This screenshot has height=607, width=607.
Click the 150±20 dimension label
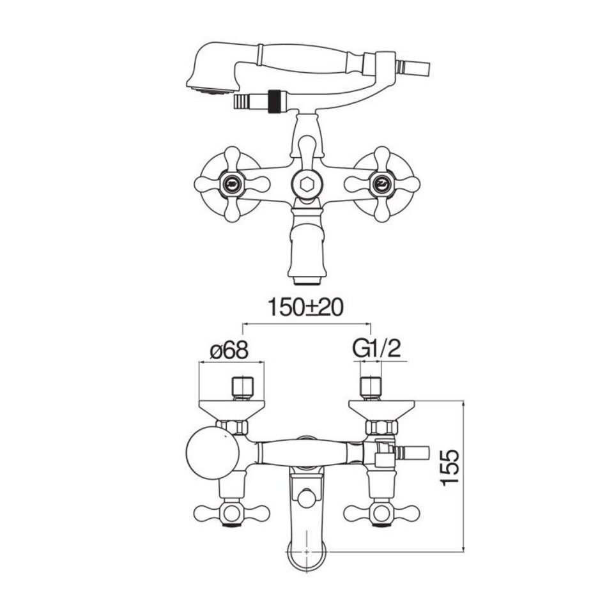pyautogui.click(x=305, y=308)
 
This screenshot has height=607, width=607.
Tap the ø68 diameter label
pyautogui.click(x=229, y=350)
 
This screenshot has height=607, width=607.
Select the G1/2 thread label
pyautogui.click(x=376, y=349)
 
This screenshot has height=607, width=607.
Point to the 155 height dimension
pyautogui.click(x=450, y=466)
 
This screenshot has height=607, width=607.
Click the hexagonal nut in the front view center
pyautogui.click(x=306, y=185)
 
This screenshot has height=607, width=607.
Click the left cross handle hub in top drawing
pyautogui.click(x=232, y=184)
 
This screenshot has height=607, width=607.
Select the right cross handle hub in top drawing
pyautogui.click(x=381, y=184)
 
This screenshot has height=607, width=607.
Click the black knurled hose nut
pyautogui.click(x=275, y=102)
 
